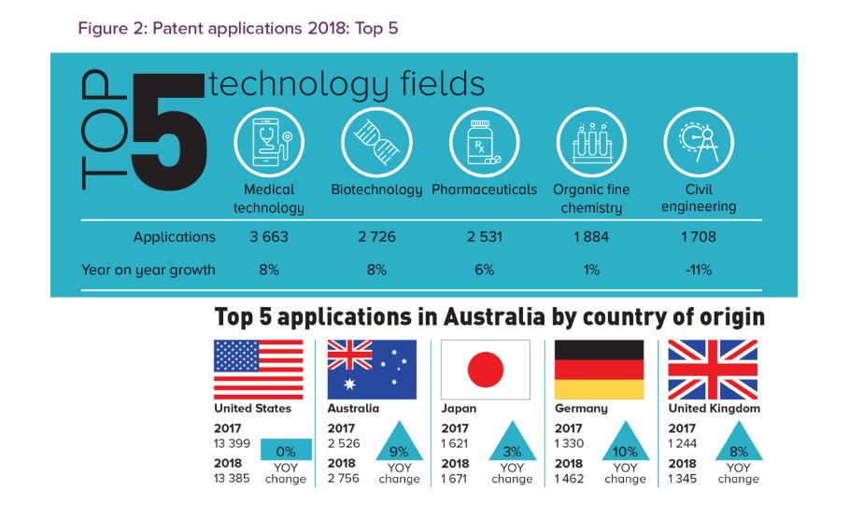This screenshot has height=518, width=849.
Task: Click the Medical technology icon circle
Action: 269,143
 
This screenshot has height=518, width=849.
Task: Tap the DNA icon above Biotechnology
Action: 376,143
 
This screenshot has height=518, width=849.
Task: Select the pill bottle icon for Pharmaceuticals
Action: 484,143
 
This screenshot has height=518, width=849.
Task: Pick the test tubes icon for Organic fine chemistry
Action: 591,143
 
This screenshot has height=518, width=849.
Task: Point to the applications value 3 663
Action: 269,237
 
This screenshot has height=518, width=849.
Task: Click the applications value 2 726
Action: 376,237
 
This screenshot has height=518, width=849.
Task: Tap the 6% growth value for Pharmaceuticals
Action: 484,271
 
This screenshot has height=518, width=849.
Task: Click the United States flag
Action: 259,370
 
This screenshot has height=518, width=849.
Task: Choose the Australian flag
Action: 372,370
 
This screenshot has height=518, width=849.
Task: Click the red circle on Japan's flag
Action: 486,370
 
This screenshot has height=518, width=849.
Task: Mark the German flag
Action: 599,370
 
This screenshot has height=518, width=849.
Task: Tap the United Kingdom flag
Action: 713,370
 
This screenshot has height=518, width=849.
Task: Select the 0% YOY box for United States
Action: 286,451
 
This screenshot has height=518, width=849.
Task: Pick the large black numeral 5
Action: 168,131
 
